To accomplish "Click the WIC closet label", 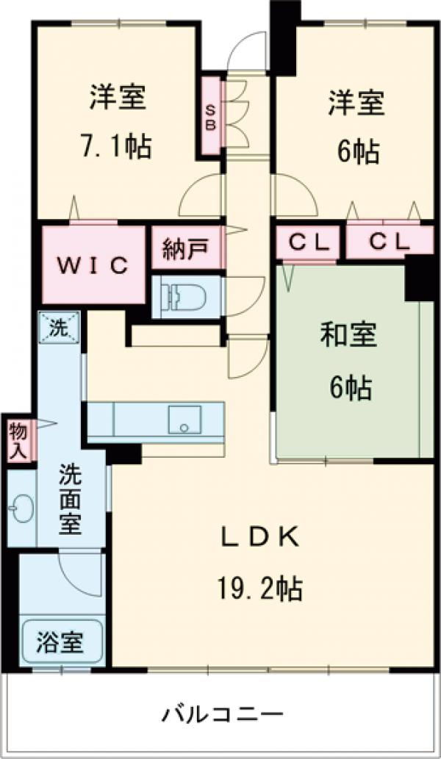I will (x=94, y=265).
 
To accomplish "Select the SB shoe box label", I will (x=210, y=116).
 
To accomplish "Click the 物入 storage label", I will (x=18, y=441).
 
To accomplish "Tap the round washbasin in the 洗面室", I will (x=20, y=508).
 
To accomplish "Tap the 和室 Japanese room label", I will (x=349, y=336).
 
